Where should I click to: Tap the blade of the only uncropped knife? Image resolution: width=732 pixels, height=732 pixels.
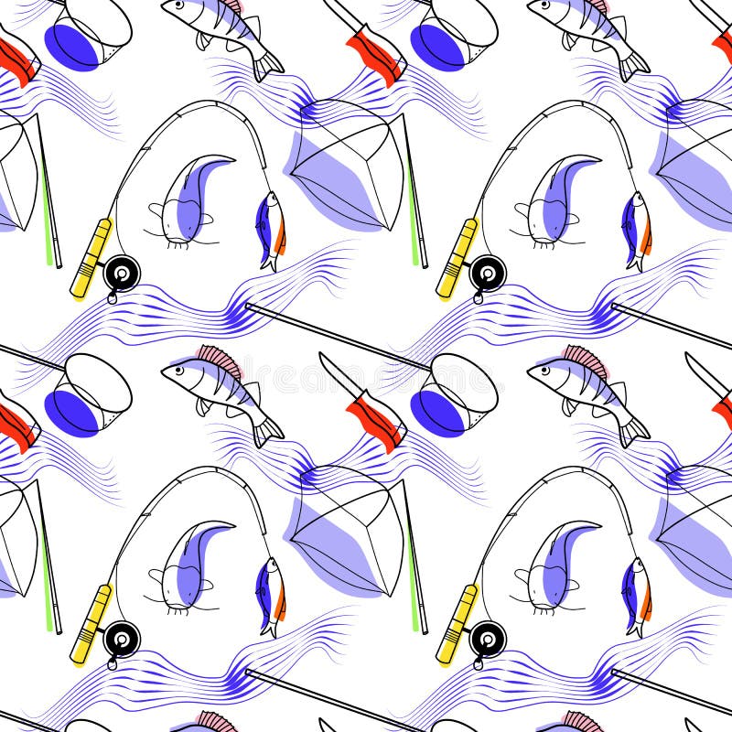335,371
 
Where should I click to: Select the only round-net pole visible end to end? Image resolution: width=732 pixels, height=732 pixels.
339,338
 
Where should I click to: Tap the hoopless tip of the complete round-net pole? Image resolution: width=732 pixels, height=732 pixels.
249,308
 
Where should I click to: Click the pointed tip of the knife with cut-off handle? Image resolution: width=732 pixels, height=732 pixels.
689,356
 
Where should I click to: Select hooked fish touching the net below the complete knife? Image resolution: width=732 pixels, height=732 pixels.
271,595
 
